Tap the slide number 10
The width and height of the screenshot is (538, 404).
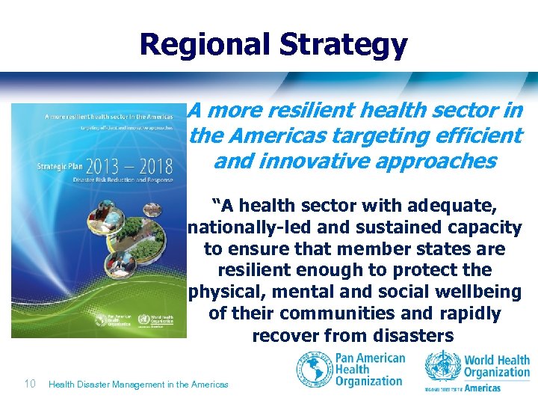(30, 384)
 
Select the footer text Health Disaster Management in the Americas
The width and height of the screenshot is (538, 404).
(138, 385)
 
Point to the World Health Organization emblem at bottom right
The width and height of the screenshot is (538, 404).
(442, 367)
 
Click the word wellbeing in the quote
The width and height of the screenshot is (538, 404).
(481, 292)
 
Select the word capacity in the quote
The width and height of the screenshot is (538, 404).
(483, 227)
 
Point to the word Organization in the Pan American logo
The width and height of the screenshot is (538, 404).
(368, 382)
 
